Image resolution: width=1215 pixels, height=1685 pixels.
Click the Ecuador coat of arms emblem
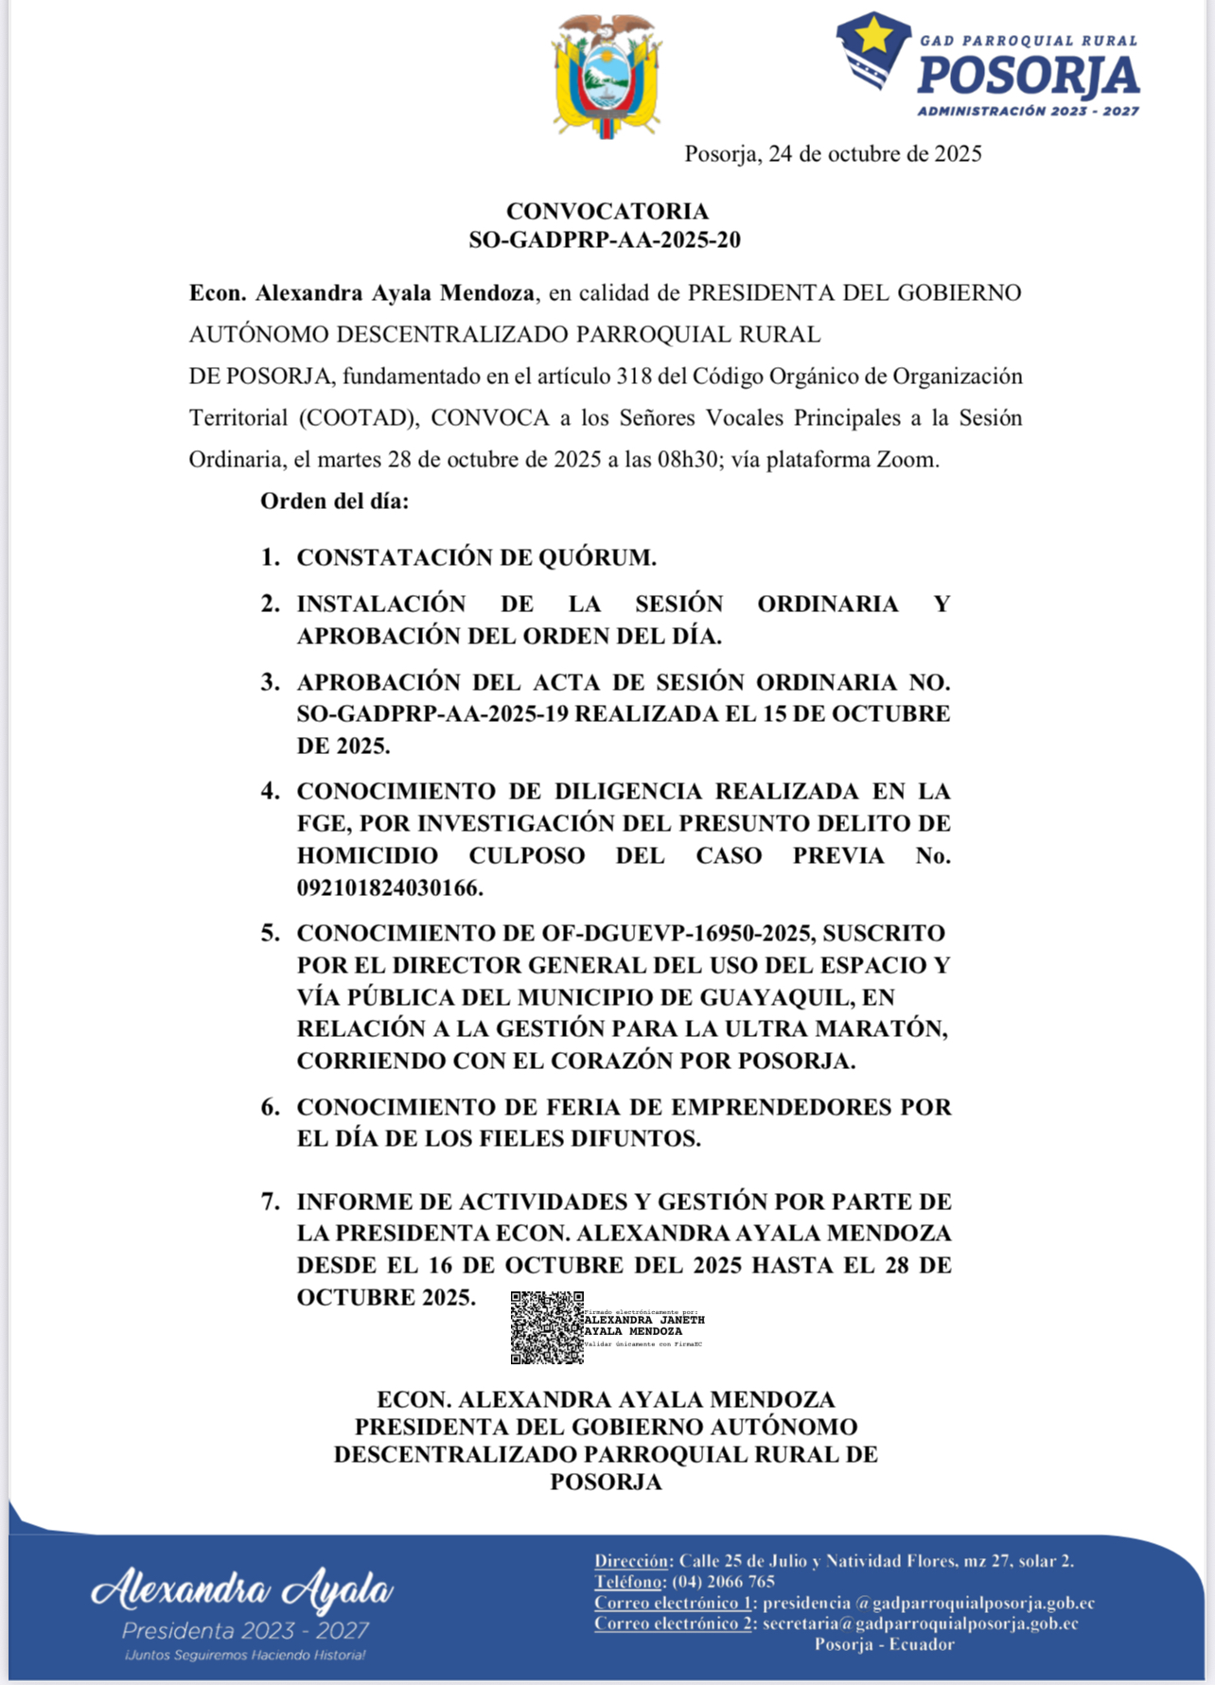[607, 76]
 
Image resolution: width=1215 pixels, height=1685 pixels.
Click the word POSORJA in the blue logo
[1028, 77]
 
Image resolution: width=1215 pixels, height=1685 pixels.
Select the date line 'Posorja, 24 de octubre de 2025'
[833, 154]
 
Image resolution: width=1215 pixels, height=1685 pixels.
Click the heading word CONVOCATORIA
[607, 211]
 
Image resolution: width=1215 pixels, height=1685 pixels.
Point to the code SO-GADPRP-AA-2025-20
[605, 240]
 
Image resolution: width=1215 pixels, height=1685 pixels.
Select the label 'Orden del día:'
[335, 501]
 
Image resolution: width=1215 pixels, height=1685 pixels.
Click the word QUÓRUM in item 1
[597, 558]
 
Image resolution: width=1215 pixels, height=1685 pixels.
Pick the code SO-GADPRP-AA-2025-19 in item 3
[432, 714]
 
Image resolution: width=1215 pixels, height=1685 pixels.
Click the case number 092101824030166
[390, 888]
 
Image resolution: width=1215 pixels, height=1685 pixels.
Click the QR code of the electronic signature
[547, 1327]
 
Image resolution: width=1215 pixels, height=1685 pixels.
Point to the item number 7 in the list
[270, 1202]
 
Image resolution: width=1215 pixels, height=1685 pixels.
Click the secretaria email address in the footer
[920, 1624]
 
